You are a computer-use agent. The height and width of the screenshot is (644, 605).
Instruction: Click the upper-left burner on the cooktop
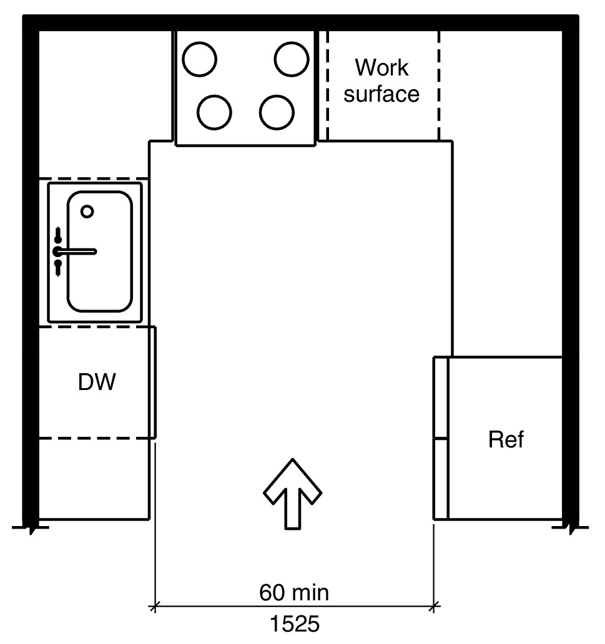click(200, 60)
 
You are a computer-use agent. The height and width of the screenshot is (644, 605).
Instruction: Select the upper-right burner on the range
click(292, 59)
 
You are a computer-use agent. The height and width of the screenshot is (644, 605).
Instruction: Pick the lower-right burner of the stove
click(277, 112)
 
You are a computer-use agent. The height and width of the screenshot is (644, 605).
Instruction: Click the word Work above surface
click(381, 67)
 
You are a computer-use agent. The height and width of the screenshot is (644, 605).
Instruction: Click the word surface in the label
click(381, 94)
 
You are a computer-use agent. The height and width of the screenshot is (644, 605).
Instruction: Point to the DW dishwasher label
click(97, 382)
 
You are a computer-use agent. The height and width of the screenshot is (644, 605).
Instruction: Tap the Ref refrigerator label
click(506, 439)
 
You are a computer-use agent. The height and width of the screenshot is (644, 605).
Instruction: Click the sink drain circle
click(87, 212)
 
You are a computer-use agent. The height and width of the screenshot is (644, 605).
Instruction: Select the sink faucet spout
click(80, 251)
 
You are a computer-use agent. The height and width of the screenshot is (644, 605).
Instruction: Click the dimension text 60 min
click(294, 592)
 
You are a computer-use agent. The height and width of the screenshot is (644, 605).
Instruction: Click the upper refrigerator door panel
click(441, 398)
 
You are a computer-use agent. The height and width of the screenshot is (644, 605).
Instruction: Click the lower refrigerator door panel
click(441, 479)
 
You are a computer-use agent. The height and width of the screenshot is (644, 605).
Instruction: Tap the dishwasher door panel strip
click(152, 382)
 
